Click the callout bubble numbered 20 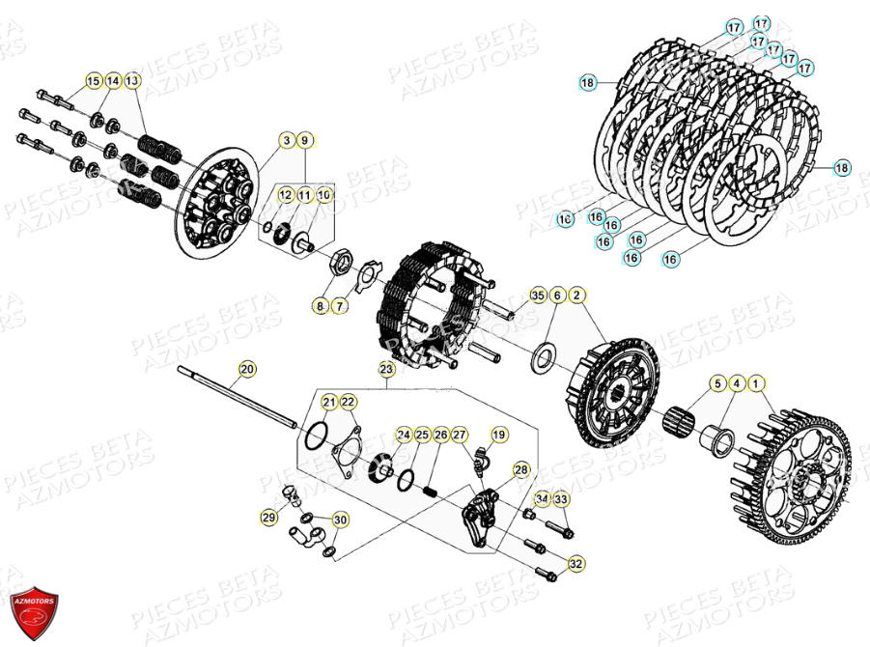coord(247,368)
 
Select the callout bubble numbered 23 coord(386,368)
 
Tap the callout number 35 coord(538,295)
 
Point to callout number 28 coord(521,469)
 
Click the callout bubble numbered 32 coord(576,563)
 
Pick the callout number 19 coord(499,436)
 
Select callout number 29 coord(268,519)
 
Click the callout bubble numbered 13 coord(132,80)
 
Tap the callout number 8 coord(319,306)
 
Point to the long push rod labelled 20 coord(241,395)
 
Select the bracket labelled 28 coord(482,509)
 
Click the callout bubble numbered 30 coord(340,520)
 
